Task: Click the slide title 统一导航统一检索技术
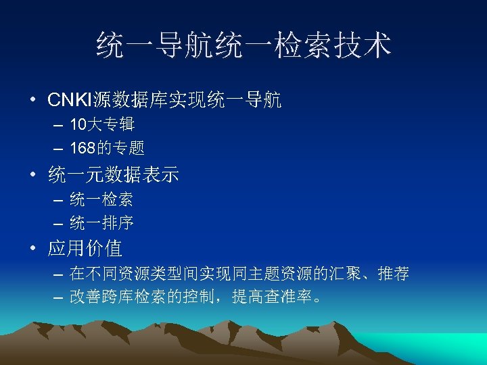tap(243, 45)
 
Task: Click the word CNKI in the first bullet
tap(68, 101)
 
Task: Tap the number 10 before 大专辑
tap(77, 125)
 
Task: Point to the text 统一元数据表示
tap(113, 176)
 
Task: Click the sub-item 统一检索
tap(101, 199)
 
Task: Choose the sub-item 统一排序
tap(101, 222)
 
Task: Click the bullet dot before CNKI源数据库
tap(32, 102)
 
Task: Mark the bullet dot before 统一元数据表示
tap(32, 176)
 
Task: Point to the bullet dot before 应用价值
tap(32, 249)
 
